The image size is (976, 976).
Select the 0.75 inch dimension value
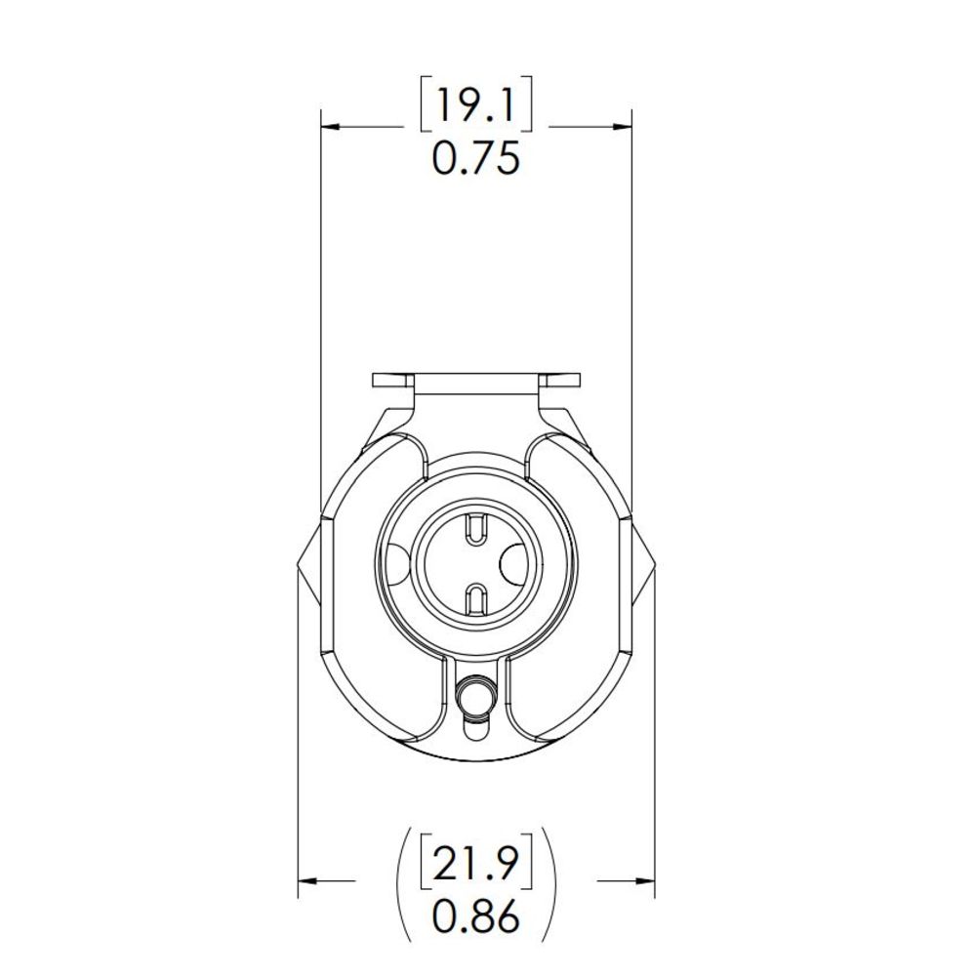[x=475, y=157]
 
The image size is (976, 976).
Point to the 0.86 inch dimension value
[x=475, y=916]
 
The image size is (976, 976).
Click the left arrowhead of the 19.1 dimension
[x=330, y=126]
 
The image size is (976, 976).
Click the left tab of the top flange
[x=393, y=380]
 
